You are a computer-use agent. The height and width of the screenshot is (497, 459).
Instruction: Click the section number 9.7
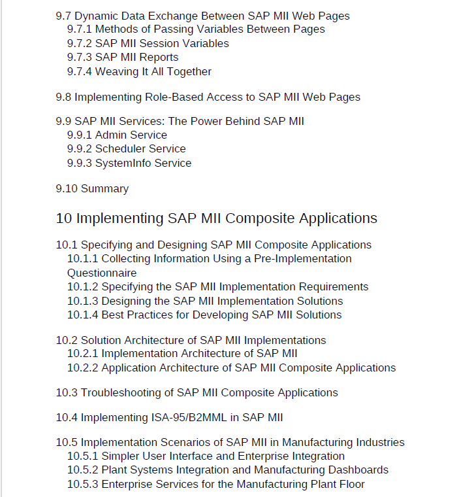[x=63, y=16]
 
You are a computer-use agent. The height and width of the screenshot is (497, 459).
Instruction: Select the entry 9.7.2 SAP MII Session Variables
[x=148, y=43]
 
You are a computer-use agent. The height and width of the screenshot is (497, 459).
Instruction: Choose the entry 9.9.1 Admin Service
[x=118, y=135]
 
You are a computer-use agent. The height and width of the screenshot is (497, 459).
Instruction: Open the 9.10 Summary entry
[x=92, y=189]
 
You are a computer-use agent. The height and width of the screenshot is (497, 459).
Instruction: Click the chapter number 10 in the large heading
[x=63, y=218]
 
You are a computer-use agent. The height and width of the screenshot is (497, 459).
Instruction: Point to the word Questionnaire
[x=102, y=273]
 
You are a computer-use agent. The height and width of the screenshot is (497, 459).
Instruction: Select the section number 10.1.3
[x=82, y=301]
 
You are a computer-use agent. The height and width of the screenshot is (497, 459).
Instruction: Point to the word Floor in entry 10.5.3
[x=351, y=485]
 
